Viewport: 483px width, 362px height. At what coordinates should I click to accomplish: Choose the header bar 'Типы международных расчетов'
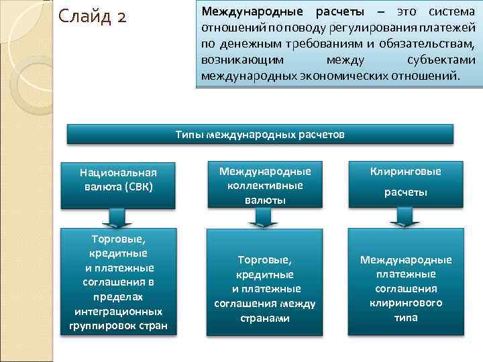(x=260, y=135)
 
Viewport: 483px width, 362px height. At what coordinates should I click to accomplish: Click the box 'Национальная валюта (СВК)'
(x=118, y=179)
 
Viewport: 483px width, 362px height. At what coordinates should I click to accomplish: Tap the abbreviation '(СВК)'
(x=138, y=186)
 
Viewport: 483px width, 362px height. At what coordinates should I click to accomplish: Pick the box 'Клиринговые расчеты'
(x=405, y=182)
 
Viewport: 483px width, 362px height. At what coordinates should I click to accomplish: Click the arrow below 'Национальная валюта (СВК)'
(x=118, y=217)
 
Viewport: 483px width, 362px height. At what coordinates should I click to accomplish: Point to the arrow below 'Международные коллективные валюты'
(x=261, y=217)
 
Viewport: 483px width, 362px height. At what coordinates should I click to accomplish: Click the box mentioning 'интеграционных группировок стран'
(x=118, y=282)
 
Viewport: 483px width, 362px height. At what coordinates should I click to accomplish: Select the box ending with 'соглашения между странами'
(x=264, y=282)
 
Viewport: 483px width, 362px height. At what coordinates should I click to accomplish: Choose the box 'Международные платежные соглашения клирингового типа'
(x=405, y=282)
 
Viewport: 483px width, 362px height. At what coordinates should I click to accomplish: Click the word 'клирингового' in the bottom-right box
(x=406, y=303)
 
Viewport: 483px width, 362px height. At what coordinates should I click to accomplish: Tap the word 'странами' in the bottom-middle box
(x=264, y=318)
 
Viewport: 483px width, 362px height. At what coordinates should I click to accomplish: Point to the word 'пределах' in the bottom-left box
(x=118, y=296)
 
